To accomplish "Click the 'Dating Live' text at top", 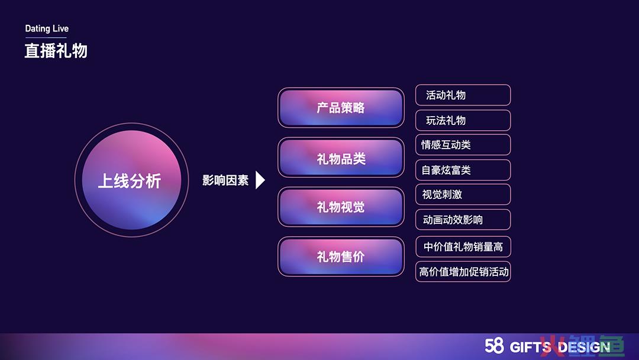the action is pyautogui.click(x=47, y=28).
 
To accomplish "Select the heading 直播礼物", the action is pyautogui.click(x=56, y=51).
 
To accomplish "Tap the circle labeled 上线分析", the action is pyautogui.click(x=131, y=180).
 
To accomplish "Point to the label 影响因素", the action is pyautogui.click(x=225, y=180).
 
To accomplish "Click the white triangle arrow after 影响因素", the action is pyautogui.click(x=260, y=180).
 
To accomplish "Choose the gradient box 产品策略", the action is pyautogui.click(x=341, y=108).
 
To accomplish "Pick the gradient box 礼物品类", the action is pyautogui.click(x=341, y=157).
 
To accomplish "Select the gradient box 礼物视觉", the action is pyautogui.click(x=341, y=207).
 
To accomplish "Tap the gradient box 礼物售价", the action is pyautogui.click(x=341, y=256).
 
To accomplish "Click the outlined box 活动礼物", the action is pyautogui.click(x=463, y=95).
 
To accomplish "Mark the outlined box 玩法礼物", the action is pyautogui.click(x=463, y=120).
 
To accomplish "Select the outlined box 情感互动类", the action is pyautogui.click(x=463, y=144).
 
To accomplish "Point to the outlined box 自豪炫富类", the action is pyautogui.click(x=463, y=170).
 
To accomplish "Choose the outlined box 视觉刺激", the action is pyautogui.click(x=463, y=194).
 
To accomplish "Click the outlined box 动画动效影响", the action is pyautogui.click(x=463, y=220).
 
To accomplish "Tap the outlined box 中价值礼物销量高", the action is pyautogui.click(x=463, y=247).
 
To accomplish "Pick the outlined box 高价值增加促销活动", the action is pyautogui.click(x=463, y=272).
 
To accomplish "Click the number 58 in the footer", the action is pyautogui.click(x=494, y=346).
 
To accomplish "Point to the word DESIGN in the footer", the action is pyautogui.click(x=584, y=347).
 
